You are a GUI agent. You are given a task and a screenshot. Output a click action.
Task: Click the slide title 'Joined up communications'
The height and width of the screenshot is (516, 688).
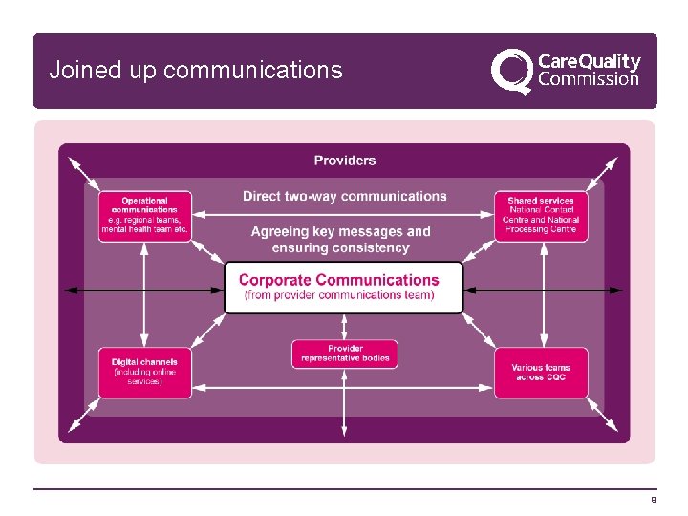coord(195,71)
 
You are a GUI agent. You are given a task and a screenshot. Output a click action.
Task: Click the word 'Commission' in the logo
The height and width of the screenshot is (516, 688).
coord(589,80)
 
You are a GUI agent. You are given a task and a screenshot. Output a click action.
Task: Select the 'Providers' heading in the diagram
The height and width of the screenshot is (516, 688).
coord(345,161)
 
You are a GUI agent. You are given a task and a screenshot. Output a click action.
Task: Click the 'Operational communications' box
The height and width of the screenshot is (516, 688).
coord(145,216)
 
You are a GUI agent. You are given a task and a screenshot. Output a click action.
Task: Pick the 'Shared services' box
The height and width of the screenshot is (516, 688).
coord(541,216)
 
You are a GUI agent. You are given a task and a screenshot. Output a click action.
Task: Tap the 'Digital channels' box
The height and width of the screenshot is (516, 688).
coord(145,372)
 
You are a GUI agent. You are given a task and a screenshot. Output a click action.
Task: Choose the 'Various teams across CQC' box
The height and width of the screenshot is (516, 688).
coord(541,373)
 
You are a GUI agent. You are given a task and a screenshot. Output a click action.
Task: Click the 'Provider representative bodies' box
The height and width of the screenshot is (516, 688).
coord(345,355)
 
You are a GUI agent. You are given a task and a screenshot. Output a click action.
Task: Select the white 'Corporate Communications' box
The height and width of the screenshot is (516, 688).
coord(344,287)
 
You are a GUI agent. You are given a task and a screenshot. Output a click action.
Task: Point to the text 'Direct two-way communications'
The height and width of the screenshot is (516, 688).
coord(344,197)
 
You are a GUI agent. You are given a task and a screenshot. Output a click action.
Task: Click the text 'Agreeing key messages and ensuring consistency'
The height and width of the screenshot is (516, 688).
coord(341,239)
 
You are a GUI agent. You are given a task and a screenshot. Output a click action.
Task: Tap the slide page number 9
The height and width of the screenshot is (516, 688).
coord(653,500)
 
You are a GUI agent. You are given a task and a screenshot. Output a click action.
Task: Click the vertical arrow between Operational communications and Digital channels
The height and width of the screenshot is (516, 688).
coord(144,294)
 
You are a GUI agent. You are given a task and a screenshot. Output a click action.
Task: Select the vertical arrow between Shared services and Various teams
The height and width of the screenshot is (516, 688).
coord(542,294)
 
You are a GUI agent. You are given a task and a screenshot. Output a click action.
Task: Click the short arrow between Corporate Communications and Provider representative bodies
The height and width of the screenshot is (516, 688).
coord(345,327)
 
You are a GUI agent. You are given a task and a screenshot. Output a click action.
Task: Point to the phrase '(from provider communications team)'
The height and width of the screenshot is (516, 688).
coord(340,296)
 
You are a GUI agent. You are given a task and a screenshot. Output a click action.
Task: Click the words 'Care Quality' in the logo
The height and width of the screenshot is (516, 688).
coord(590,61)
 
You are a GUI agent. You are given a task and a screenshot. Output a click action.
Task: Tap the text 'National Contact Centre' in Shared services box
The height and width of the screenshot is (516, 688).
coord(541,215)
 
